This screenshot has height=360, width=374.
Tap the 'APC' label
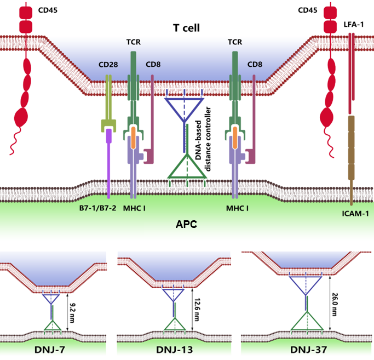[x=186, y=224]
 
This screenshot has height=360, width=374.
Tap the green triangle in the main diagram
[x=187, y=167]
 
